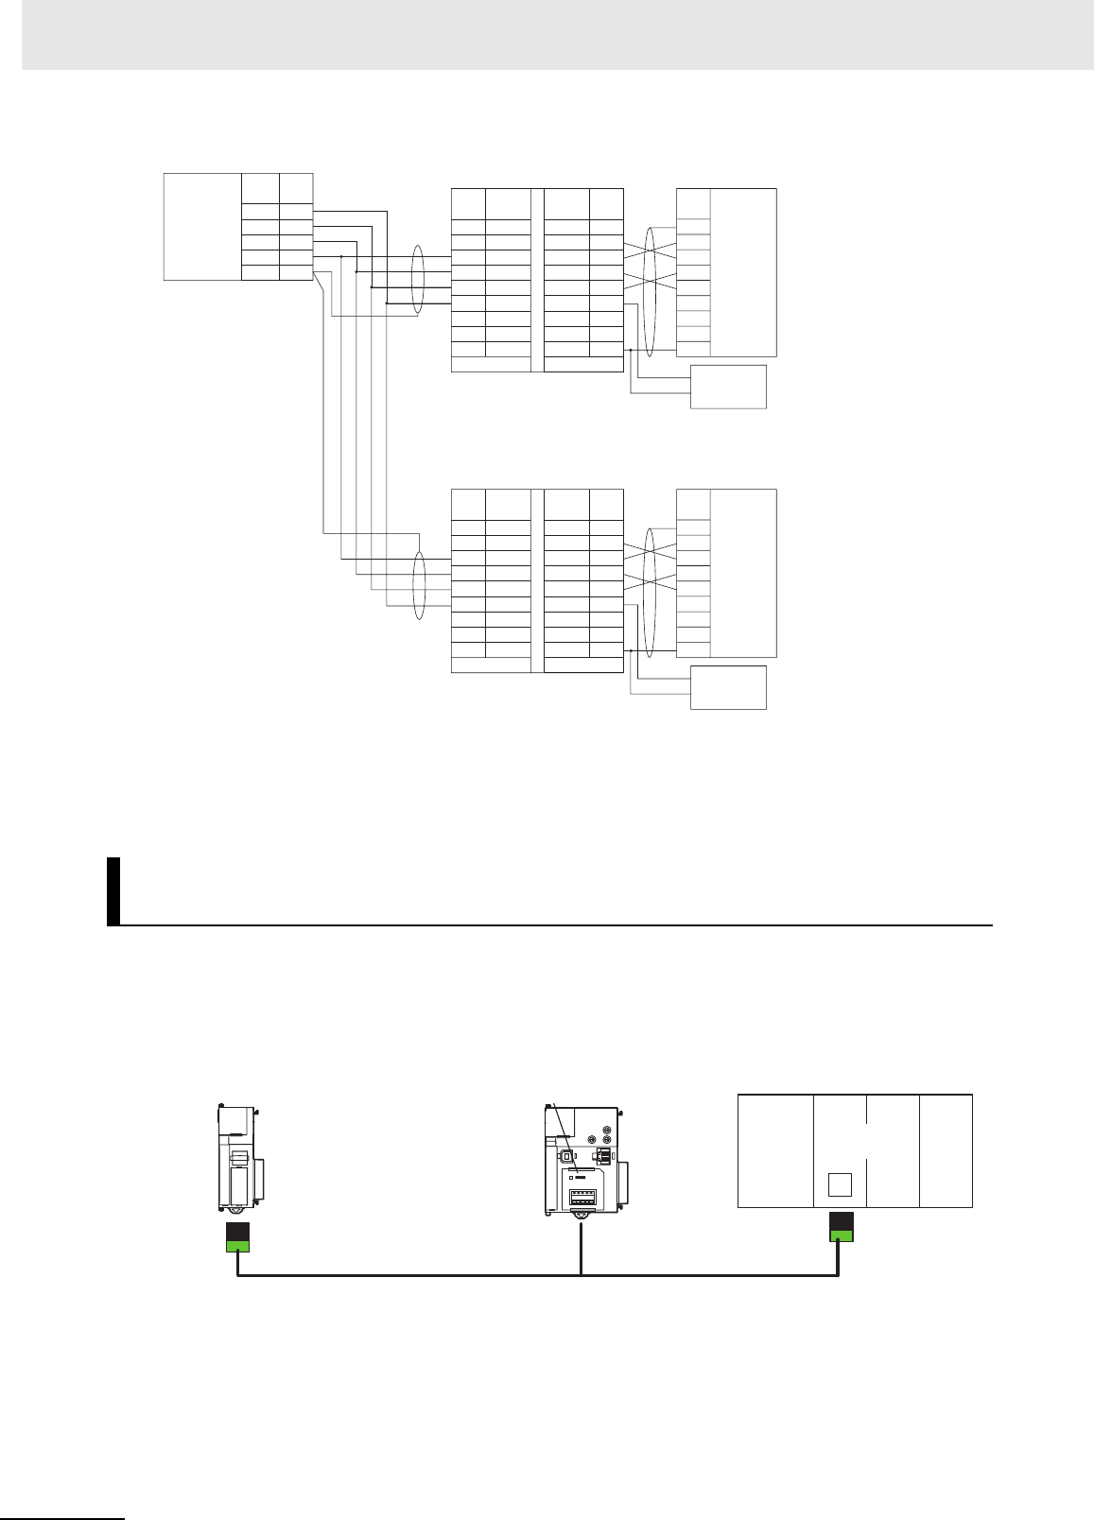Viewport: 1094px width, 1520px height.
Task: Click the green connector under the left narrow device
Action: tap(237, 1245)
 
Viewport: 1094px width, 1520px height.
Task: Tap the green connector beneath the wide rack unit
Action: tap(841, 1235)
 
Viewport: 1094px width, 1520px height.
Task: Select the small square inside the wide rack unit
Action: tap(840, 1184)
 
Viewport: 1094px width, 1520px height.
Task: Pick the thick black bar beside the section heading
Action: tap(113, 890)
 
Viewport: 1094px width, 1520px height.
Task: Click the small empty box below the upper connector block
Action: tap(728, 386)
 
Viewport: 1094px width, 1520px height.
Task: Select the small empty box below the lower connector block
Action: tap(728, 687)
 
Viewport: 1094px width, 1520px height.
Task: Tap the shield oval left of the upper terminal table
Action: tap(417, 280)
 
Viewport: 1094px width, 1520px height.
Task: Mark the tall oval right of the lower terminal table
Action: tap(650, 591)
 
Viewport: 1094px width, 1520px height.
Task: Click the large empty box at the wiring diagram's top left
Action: tap(201, 227)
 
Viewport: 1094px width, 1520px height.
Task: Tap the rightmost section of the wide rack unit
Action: tap(946, 1150)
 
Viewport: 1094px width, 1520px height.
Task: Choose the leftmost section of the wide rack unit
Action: tap(775, 1150)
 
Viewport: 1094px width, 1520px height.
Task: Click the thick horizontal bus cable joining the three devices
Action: tap(537, 1276)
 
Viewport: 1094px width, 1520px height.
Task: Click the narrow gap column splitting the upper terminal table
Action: tap(538, 280)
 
